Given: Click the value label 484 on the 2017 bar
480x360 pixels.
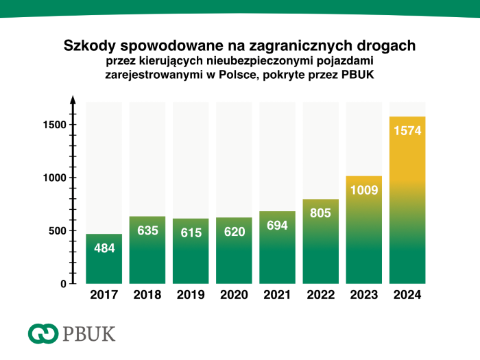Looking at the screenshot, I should [104, 248].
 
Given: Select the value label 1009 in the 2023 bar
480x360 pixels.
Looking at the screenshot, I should [363, 190].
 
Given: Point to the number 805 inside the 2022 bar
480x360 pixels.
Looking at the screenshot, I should [320, 213].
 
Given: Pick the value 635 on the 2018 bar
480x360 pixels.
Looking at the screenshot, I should [147, 230].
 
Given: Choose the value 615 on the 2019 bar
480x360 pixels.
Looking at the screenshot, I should [191, 232].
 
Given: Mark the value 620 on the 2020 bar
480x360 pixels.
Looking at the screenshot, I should [234, 232].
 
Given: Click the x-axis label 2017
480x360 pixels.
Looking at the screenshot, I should [104, 296].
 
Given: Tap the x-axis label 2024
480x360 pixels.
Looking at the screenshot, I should [407, 296].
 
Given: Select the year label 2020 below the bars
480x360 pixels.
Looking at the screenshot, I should [234, 296].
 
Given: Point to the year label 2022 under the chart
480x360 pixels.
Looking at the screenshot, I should [320, 296].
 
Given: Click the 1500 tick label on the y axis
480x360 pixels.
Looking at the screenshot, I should [52, 125].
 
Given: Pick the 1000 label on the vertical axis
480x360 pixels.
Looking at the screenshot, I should [52, 178].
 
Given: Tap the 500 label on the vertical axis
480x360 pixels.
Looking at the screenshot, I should [56, 230].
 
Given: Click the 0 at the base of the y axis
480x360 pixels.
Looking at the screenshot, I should [63, 283].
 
